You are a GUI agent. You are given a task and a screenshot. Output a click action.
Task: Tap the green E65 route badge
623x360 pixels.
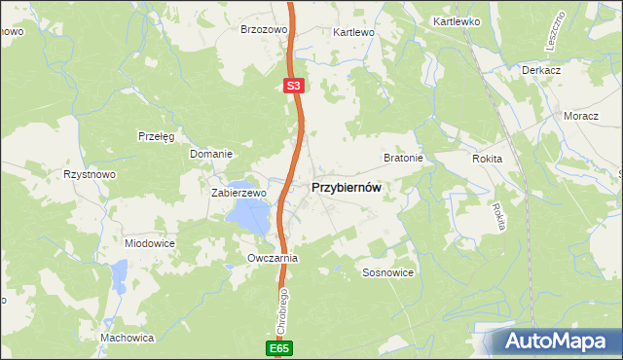pyautogui.click(x=278, y=347)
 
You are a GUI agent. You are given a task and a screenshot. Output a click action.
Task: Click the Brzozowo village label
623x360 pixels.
pyautogui.click(x=265, y=30)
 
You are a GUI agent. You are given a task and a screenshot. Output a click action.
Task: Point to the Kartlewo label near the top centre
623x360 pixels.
pyautogui.click(x=353, y=32)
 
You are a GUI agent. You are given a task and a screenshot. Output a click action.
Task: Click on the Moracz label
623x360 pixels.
pyautogui.click(x=581, y=116)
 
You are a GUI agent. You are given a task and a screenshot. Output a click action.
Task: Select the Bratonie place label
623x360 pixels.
pyautogui.click(x=402, y=157)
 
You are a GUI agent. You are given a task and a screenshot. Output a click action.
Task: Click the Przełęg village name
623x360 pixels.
pyautogui.click(x=156, y=136)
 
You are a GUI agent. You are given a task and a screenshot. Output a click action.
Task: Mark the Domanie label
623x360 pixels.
pyautogui.click(x=210, y=154)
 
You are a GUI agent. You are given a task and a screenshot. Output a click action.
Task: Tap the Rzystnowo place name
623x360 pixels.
pyautogui.click(x=90, y=174)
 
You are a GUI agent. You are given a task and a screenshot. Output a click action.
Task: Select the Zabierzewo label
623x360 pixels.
pyautogui.click(x=238, y=193)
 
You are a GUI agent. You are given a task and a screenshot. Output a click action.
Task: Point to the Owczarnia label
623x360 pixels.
pyautogui.click(x=272, y=259)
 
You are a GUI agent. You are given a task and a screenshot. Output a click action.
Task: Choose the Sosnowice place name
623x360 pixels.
pyautogui.click(x=388, y=273)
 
